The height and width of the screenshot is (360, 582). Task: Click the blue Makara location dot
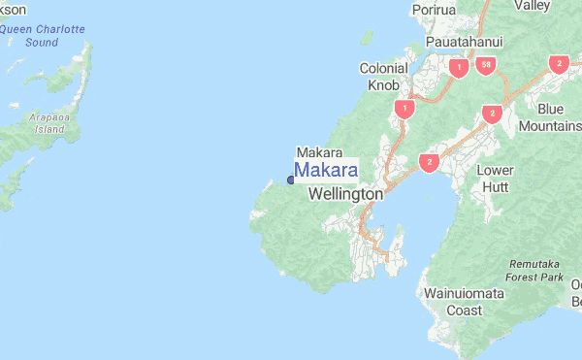click(x=290, y=180)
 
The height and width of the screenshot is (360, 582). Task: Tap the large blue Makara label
click(x=326, y=170)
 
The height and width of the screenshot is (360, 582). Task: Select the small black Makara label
click(x=319, y=152)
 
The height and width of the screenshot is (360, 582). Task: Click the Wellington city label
click(x=345, y=194)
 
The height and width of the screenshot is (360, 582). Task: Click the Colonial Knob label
click(x=383, y=77)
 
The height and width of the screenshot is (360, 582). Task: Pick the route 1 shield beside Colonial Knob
click(x=404, y=109)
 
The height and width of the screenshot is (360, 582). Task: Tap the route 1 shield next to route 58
click(x=457, y=68)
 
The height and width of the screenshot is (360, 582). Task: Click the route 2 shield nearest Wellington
click(x=428, y=162)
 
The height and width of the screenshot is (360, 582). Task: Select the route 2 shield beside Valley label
click(x=558, y=64)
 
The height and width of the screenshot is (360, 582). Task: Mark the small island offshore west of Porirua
click(x=367, y=38)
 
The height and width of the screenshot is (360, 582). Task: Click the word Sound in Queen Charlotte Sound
click(x=42, y=43)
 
